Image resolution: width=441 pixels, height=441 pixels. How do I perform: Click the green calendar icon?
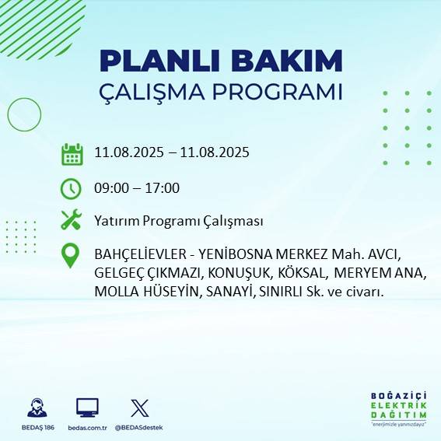pyautogui.click(x=72, y=154)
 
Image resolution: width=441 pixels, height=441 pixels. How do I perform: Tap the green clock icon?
pyautogui.click(x=71, y=187)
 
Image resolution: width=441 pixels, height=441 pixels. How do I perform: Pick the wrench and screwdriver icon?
pyautogui.click(x=71, y=220)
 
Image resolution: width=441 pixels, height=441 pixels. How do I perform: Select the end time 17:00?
pyautogui.click(x=163, y=187)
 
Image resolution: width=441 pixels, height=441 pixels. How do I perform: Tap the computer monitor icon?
pyautogui.click(x=87, y=408)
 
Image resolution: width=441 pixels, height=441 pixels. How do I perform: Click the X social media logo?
pyautogui.click(x=140, y=408)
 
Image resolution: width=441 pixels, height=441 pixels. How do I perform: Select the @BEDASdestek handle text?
pyautogui.click(x=140, y=428)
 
